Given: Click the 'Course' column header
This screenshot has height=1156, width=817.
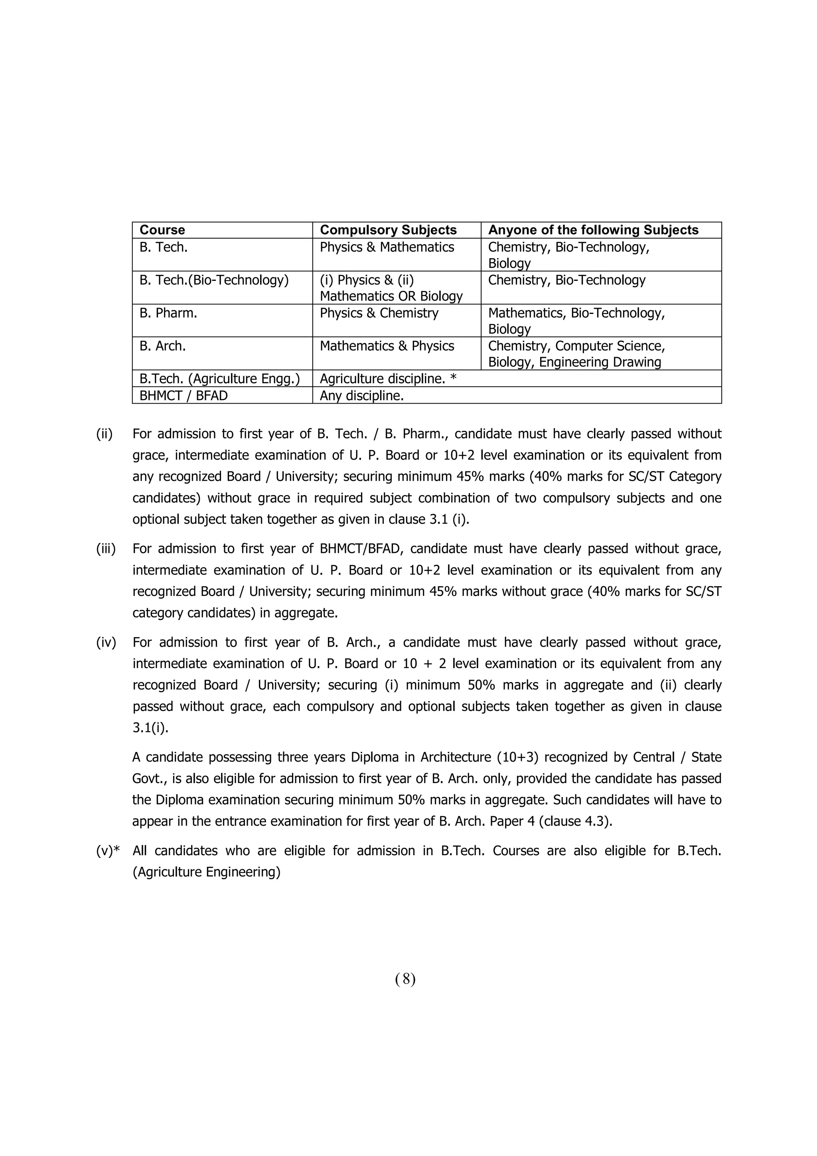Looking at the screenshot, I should point(162,230).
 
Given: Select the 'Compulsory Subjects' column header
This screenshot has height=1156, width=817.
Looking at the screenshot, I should point(388,230).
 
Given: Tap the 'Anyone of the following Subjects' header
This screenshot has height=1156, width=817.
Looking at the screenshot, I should point(593,230).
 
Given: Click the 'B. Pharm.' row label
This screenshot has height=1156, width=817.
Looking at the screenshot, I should point(168,313).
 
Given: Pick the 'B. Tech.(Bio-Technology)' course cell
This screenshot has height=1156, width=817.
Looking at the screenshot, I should point(214,280).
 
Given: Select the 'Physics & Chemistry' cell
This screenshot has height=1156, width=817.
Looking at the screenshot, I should point(379,313).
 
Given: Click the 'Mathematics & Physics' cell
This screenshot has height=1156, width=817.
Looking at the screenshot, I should point(387,346).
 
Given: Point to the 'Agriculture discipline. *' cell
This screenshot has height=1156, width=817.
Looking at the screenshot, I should point(388,379).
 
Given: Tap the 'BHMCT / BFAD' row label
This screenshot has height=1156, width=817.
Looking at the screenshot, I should point(183,396).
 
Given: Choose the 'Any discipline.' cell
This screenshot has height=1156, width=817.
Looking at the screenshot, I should point(361,396).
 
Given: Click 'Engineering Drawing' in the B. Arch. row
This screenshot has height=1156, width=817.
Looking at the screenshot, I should point(600,362).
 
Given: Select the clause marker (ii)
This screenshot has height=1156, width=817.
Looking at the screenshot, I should point(104,434).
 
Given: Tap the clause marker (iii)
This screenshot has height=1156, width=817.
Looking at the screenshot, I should point(106,549).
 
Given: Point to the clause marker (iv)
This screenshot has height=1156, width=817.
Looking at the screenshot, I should point(106,643).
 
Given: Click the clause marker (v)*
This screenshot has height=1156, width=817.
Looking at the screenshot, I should point(108,851).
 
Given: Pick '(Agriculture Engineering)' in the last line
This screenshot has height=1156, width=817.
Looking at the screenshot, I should point(206,872).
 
